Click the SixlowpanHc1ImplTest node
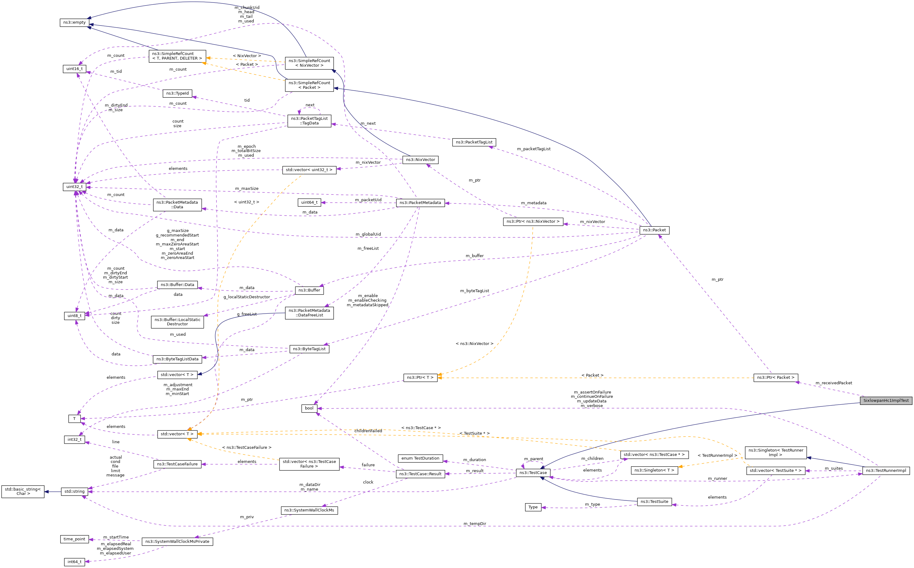[x=885, y=401]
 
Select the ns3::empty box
[x=74, y=22]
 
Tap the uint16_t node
[x=74, y=69]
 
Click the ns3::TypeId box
[x=177, y=93]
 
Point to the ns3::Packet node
[x=654, y=230]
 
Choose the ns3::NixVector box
[x=420, y=160]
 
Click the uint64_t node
[x=309, y=202]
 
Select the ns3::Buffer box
[x=309, y=290]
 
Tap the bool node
[x=309, y=408]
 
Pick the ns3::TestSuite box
[x=654, y=502]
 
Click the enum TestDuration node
[x=420, y=458]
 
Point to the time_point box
[x=74, y=539]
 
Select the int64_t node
[x=74, y=562]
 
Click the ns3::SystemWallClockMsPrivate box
[x=177, y=542]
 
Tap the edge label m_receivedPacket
[x=833, y=383]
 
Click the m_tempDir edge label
[x=474, y=524]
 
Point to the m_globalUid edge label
[x=368, y=234]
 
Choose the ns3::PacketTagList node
[x=474, y=142]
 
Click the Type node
[x=533, y=507]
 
